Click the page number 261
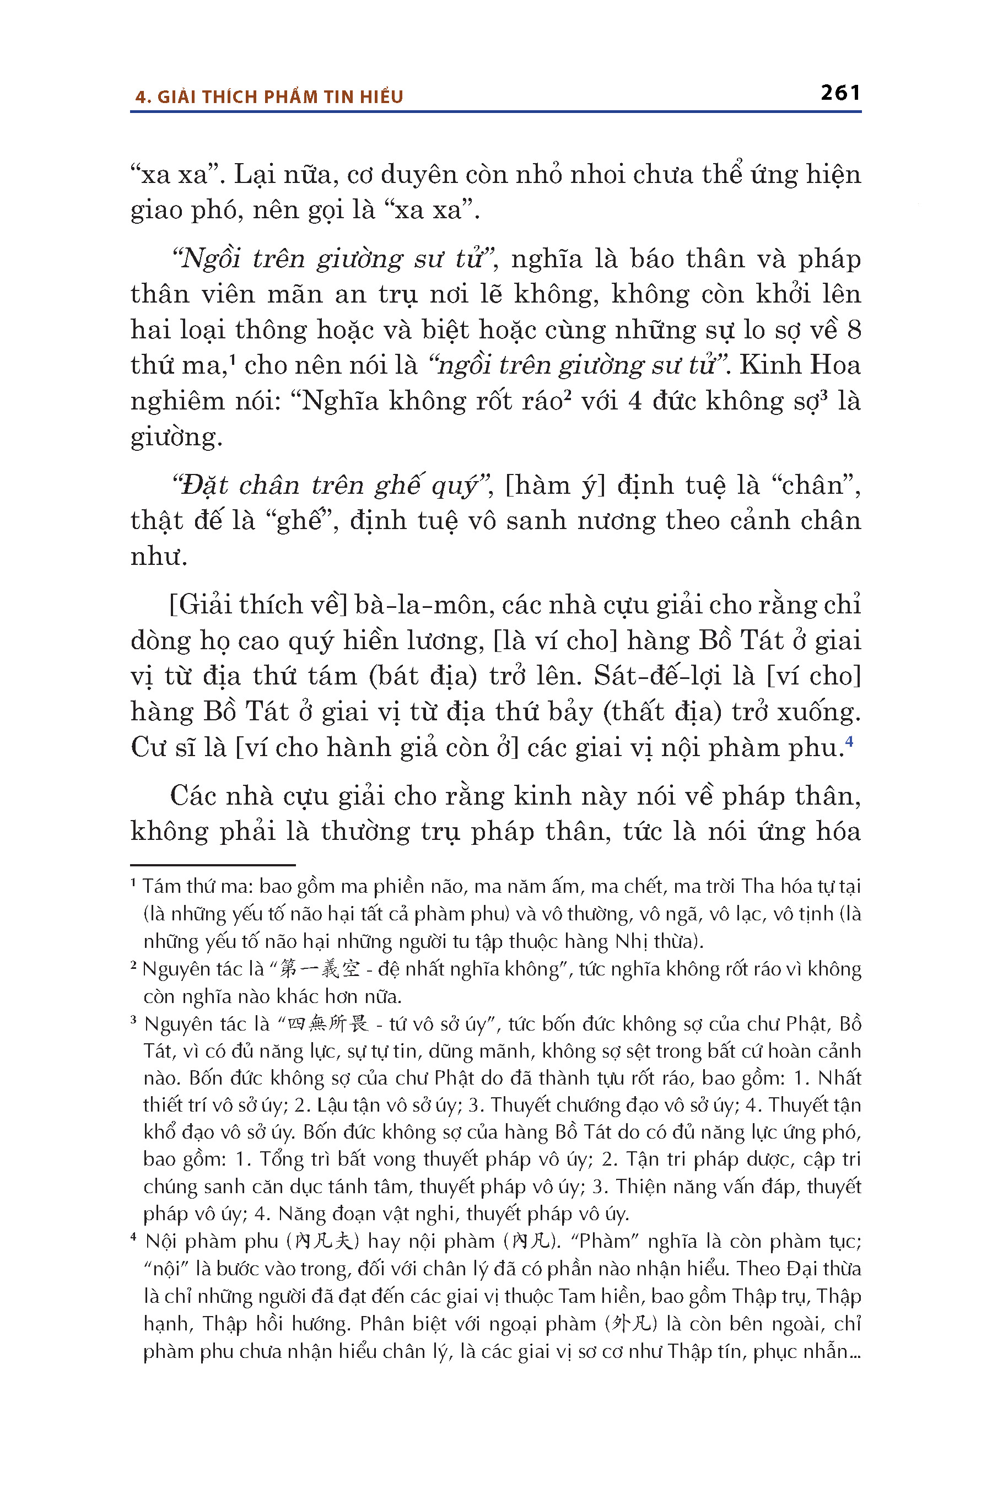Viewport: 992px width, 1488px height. click(x=840, y=93)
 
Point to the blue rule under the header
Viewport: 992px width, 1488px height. click(x=495, y=112)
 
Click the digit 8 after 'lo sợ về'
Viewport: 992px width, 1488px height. click(x=854, y=330)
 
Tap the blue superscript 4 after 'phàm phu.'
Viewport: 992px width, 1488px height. click(x=849, y=740)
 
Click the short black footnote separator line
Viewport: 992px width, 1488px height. click(x=213, y=865)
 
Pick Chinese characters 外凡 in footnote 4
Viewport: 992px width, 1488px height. click(x=632, y=1324)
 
